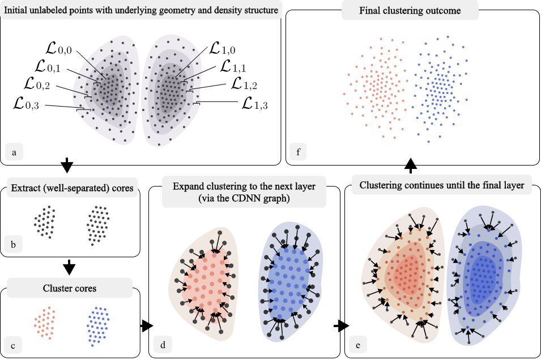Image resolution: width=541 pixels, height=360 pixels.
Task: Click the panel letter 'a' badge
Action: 14,151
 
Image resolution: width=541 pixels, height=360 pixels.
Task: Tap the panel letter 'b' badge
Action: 14,245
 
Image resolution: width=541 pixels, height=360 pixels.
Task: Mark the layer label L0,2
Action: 39,86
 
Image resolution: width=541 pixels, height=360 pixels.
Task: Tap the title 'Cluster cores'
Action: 70,289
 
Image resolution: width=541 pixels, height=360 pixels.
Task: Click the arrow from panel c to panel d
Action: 147,325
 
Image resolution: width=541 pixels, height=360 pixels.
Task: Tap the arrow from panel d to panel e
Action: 340,326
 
